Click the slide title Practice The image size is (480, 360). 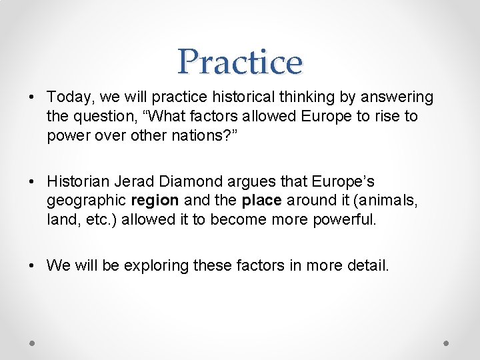click(x=240, y=61)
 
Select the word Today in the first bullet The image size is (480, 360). click(x=66, y=98)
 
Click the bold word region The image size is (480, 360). click(x=155, y=201)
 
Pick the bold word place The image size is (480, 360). click(x=261, y=201)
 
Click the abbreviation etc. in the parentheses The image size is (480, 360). click(x=87, y=219)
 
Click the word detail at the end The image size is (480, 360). click(x=365, y=265)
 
